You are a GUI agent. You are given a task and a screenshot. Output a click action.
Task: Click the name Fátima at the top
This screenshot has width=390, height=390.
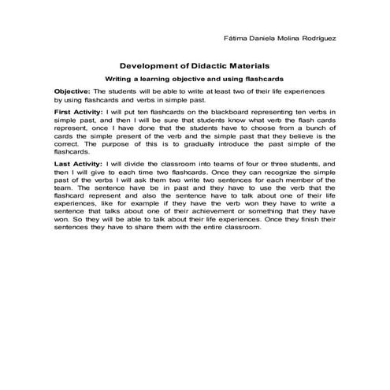[x=236, y=37]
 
